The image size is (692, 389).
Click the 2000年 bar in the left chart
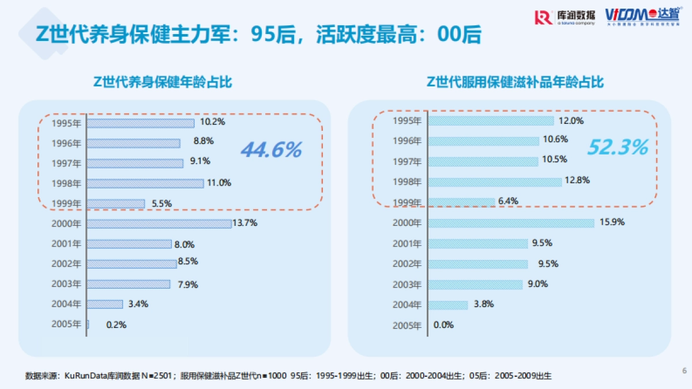159,224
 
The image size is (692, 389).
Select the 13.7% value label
245,223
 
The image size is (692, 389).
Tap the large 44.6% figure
271,150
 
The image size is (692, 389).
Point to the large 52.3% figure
618,148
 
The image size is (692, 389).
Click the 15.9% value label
612,222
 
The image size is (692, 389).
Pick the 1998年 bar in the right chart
495,182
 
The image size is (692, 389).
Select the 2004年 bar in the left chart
105,304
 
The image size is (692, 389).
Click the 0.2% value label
116,324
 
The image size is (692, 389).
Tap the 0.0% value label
443,324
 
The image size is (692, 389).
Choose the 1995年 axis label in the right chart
407,121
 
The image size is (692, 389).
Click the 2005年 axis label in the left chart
66,324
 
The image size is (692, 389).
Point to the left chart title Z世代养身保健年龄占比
162,82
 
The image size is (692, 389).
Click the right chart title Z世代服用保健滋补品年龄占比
515,82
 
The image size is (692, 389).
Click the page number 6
684,370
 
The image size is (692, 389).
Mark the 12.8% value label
577,180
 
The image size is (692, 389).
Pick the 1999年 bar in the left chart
116,203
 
